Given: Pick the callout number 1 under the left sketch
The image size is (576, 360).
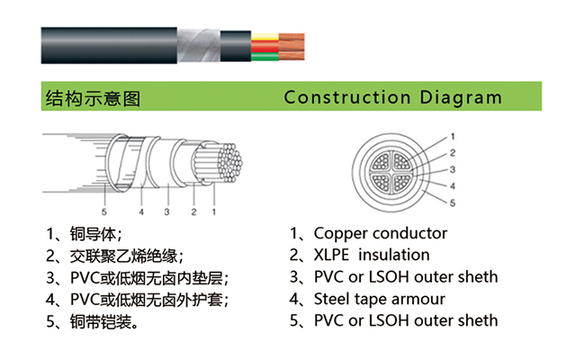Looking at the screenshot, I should pos(213,212).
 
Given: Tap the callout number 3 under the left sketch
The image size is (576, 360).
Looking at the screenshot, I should pos(166,212).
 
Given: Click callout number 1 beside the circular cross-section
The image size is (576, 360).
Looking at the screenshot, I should pos(453,137).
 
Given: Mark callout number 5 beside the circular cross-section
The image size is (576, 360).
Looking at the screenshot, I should pos(453,203).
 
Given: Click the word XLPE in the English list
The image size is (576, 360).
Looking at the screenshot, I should pos(337,255).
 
